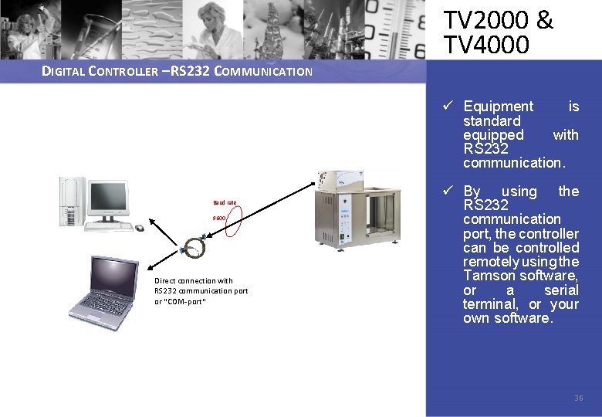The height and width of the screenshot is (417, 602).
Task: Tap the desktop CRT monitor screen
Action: pos(107,198)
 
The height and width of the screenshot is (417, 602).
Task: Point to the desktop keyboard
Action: pos(108,225)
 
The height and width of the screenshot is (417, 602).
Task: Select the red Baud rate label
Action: pos(225,203)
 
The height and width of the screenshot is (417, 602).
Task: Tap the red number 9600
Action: pos(220,219)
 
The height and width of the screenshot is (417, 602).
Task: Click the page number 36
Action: pos(578,398)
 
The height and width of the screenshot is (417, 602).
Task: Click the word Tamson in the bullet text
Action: pos(488,276)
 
